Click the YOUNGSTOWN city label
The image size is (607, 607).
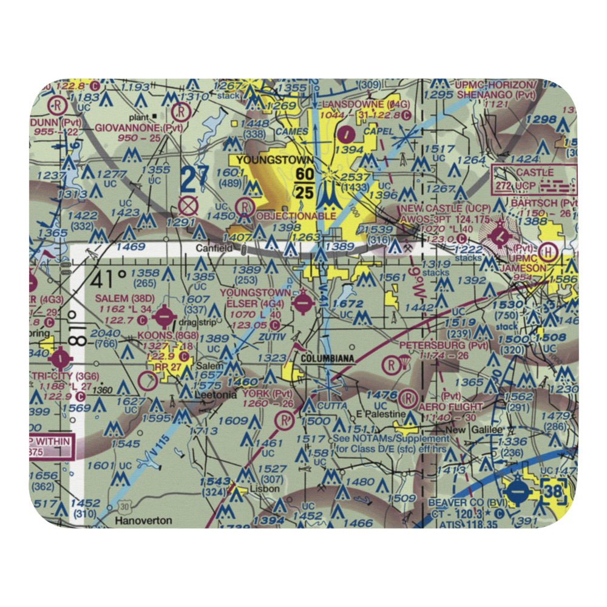[266, 160]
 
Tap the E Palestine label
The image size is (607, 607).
[380, 414]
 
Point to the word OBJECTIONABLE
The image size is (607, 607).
[296, 215]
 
